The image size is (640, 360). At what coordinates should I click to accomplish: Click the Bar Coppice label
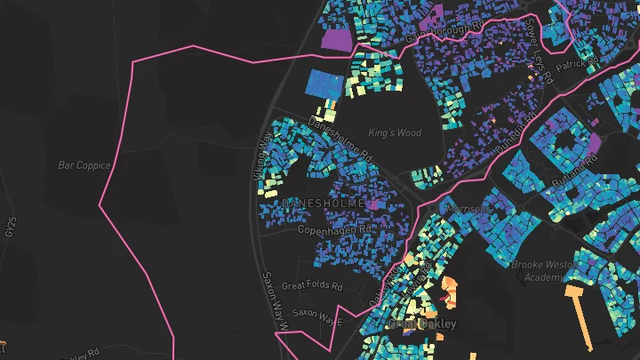pyautogui.click(x=84, y=165)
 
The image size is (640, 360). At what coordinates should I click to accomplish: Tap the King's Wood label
pyautogui.click(x=395, y=133)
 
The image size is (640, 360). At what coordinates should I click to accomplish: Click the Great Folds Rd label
pyautogui.click(x=312, y=286)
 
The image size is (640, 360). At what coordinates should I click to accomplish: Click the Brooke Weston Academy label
pyautogui.click(x=545, y=270)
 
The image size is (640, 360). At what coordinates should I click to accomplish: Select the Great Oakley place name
pyautogui.click(x=423, y=324)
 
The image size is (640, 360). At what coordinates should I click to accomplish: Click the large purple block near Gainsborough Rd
pyautogui.click(x=335, y=40)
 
